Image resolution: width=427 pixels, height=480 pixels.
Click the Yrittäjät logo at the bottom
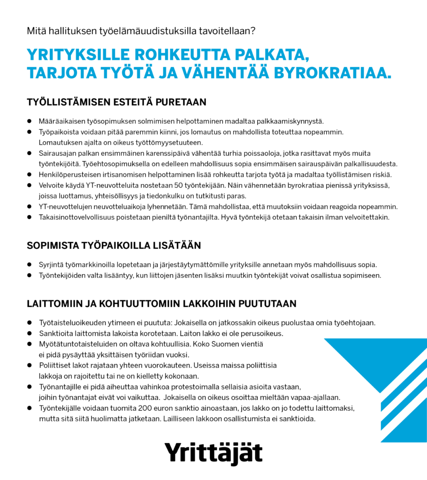213,453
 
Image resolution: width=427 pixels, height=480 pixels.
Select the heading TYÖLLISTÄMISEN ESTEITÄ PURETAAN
117,102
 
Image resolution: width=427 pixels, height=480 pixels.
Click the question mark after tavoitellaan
253,32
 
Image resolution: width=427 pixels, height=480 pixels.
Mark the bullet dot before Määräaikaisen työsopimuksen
29,120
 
